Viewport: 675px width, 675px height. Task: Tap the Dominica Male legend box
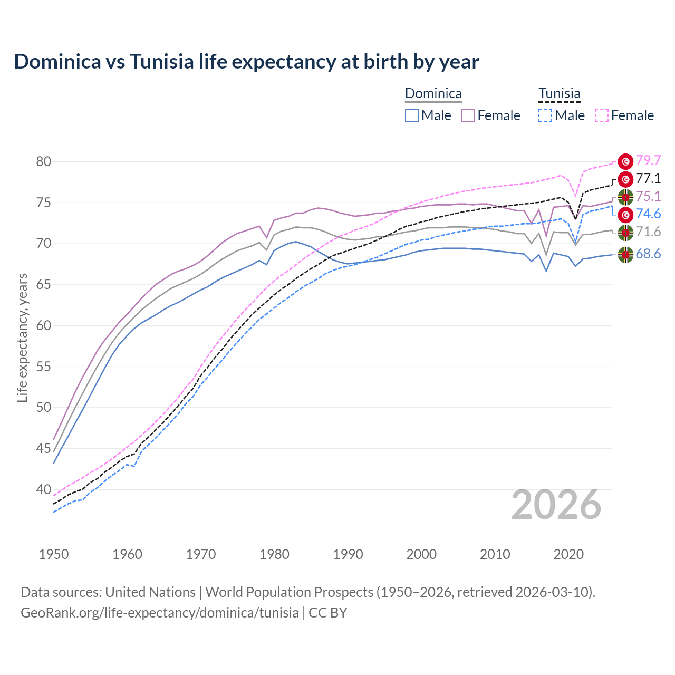(x=412, y=115)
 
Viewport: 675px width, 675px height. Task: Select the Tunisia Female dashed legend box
(x=602, y=115)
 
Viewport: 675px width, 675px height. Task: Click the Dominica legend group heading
(x=433, y=94)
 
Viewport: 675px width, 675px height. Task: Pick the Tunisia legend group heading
(x=559, y=94)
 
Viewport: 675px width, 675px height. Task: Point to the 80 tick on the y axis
(x=44, y=161)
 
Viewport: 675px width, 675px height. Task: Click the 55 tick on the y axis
(x=44, y=367)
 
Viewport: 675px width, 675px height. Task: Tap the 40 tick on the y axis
(x=44, y=489)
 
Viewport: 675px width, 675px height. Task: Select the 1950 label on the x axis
(x=54, y=554)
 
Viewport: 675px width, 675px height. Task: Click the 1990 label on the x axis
(x=348, y=554)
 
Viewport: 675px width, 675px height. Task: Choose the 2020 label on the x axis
(x=568, y=554)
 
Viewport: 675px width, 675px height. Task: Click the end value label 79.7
(x=648, y=160)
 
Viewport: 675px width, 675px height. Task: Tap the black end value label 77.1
(x=648, y=178)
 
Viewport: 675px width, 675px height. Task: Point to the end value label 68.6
(x=648, y=254)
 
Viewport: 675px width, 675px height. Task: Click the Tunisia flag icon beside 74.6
(x=625, y=214)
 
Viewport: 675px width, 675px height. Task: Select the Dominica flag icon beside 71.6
(x=625, y=232)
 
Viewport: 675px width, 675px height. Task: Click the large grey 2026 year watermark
(x=556, y=505)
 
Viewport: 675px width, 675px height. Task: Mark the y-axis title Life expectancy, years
(x=22, y=337)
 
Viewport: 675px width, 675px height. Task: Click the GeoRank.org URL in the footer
(x=159, y=613)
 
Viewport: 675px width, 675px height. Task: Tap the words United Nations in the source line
(x=150, y=592)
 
